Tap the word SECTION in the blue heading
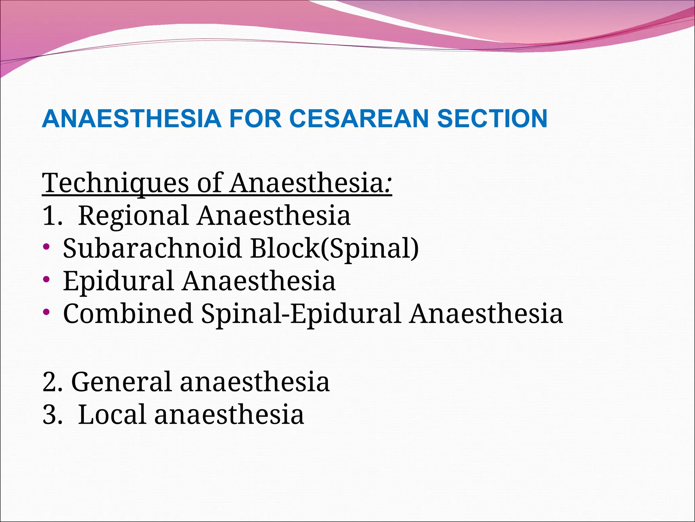coord(492,119)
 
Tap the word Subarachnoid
coord(152,248)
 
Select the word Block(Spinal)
coord(334,248)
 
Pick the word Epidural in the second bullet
coord(118,281)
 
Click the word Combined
coord(128,313)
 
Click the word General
coord(121,382)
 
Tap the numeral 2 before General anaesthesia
coord(50,382)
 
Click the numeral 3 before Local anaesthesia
coord(50,414)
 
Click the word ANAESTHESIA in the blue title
coord(132,119)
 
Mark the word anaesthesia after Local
coord(229,414)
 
